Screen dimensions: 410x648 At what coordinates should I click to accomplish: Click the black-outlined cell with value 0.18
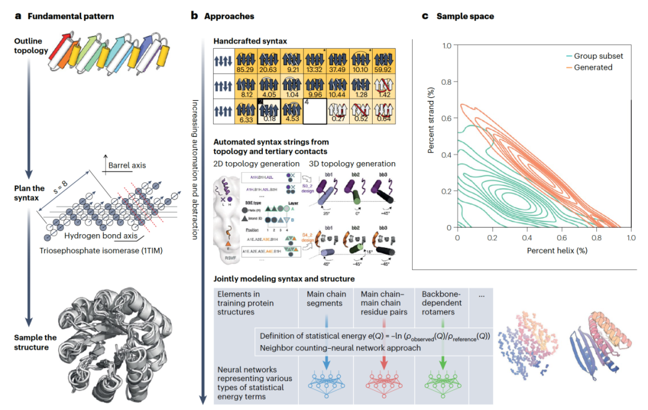(269, 111)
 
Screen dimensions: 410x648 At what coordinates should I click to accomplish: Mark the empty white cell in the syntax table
(316, 111)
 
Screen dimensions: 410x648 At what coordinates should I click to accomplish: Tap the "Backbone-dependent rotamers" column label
(443, 303)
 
